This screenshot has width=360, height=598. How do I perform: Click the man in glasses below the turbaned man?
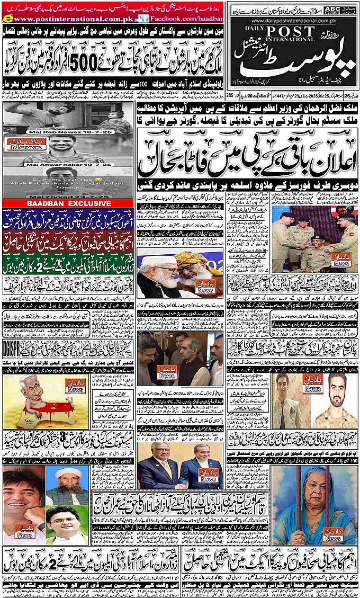pos(67,522)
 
